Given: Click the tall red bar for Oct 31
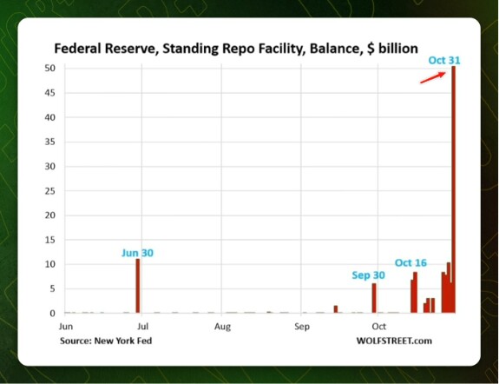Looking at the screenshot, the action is [454, 189].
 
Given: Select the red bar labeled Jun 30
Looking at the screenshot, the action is [138, 286].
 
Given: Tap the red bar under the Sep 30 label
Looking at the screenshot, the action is [374, 298].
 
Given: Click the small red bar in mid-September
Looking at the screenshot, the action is [336, 309].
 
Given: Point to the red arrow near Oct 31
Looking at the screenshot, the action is [433, 78].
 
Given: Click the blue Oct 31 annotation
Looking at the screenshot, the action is [444, 60].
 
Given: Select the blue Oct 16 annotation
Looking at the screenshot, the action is [410, 262].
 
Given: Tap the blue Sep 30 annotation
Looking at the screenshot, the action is [368, 275].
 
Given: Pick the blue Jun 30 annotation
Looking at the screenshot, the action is [137, 253].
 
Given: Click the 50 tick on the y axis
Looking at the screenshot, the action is [50, 68].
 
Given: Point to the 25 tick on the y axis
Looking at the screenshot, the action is [50, 191].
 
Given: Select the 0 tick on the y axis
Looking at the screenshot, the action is [53, 314].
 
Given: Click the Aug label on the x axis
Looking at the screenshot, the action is [222, 327].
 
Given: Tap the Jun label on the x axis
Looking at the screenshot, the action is [66, 327].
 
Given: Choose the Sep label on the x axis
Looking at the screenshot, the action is [302, 327].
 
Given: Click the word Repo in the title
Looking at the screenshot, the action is [237, 49].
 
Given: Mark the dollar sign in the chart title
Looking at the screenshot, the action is [371, 49].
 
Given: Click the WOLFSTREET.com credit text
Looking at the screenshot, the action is [394, 341].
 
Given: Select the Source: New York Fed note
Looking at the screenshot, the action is [106, 341].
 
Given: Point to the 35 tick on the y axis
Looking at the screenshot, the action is [50, 142].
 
